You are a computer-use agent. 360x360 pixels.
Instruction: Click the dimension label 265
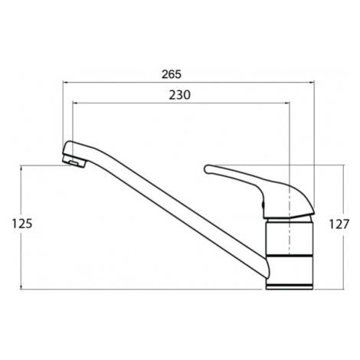[x=172, y=74]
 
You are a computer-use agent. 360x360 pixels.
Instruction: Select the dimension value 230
[x=180, y=95]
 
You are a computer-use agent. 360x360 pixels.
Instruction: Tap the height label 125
[x=22, y=224]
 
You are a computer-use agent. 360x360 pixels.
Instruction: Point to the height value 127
[x=339, y=224]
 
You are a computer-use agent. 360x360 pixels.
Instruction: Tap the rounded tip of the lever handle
[x=208, y=169]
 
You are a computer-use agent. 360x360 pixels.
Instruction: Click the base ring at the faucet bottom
[x=289, y=286]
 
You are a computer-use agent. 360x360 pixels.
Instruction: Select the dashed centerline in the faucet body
[x=289, y=223]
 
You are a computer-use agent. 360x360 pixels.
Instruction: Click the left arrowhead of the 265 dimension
[x=65, y=82]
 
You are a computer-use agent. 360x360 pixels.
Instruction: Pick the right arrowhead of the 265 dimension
[x=312, y=82]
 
